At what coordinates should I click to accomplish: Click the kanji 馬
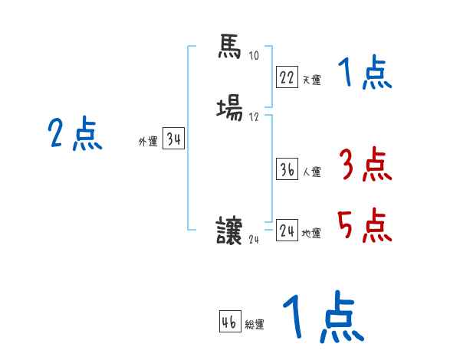[x=229, y=49]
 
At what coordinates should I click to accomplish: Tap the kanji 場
[x=229, y=110]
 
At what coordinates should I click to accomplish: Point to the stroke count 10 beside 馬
[x=254, y=56]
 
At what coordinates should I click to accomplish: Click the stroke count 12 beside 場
[x=254, y=117]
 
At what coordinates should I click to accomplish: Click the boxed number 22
[x=287, y=77]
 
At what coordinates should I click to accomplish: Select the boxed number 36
[x=287, y=169]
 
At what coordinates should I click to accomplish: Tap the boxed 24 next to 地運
[x=287, y=231]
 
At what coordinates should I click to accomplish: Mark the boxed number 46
[x=229, y=322]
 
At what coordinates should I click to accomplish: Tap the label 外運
[x=147, y=142]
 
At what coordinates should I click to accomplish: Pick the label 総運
[x=255, y=325]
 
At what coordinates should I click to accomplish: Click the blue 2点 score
[x=74, y=135]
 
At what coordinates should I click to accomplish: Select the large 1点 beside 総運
[x=321, y=319]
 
